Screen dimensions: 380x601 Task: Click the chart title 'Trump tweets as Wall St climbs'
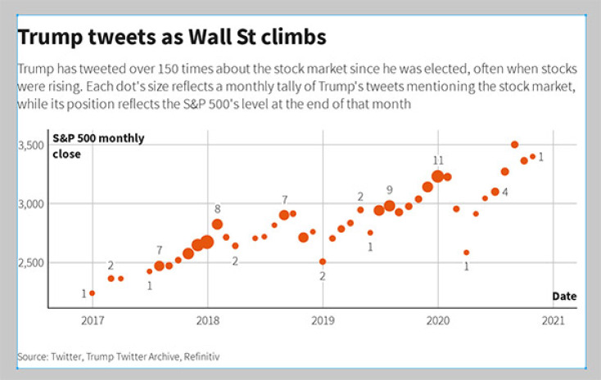(171, 38)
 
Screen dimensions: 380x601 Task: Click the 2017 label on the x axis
(93, 320)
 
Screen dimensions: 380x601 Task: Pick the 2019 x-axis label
(323, 320)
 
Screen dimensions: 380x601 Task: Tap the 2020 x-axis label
(437, 320)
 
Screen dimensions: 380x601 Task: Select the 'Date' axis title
(563, 296)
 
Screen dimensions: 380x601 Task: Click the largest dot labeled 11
(437, 176)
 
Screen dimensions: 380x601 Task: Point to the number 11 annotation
(438, 161)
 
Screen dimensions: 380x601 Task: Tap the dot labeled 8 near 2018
(217, 224)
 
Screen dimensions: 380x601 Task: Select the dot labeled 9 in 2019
(390, 206)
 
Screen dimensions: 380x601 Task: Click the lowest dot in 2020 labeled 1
(467, 252)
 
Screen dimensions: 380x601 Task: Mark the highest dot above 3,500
(514, 145)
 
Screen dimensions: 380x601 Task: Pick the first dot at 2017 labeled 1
(93, 292)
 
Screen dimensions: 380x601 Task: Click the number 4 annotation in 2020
(505, 192)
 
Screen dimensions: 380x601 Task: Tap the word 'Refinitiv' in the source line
(201, 356)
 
